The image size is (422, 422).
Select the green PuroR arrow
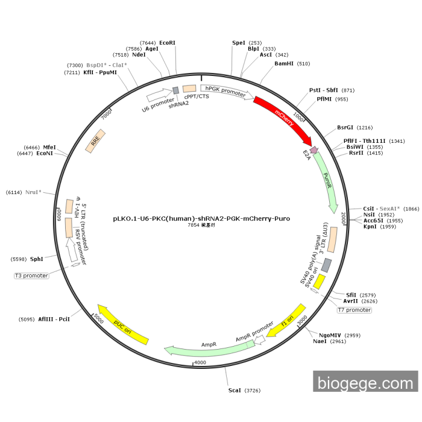tap(325, 181)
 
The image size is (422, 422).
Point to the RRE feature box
tap(95, 141)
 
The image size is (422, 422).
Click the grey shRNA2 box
tap(176, 90)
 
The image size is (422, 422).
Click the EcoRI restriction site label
tap(167, 43)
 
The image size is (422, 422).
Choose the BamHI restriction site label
tap(284, 63)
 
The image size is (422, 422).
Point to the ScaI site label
tap(235, 391)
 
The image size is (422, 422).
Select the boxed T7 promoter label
tap(354, 310)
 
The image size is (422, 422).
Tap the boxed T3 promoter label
tap(31, 276)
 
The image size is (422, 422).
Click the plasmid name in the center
tap(201, 218)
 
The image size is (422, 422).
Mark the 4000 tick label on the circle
tap(200, 362)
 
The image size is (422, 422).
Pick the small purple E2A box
tap(313, 150)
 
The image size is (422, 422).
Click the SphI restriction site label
tap(37, 259)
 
